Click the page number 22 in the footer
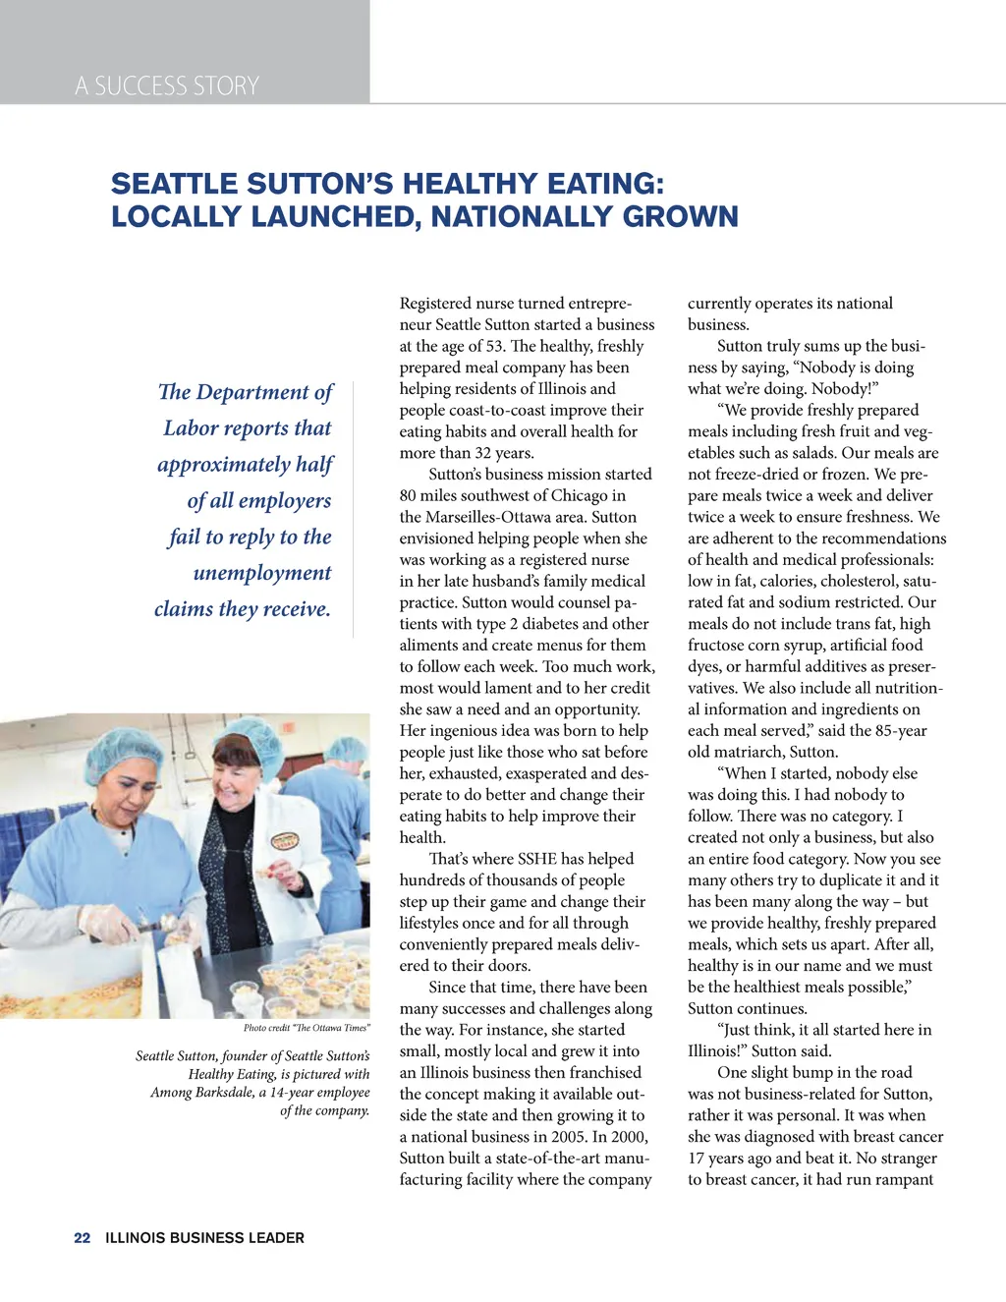(82, 1238)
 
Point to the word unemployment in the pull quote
(262, 573)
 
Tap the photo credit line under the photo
(307, 1028)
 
